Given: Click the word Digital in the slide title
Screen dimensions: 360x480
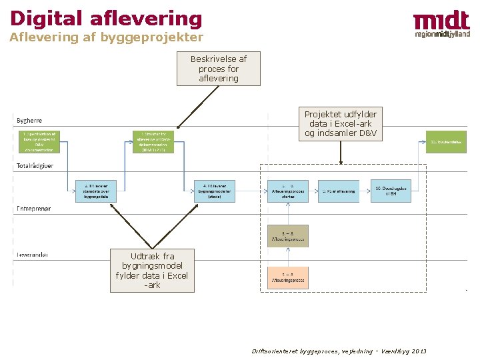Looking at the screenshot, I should coord(45,18).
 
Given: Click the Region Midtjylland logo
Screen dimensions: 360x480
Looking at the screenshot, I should coord(441,25).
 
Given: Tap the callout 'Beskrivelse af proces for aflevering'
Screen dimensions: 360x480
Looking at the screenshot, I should coord(218,69).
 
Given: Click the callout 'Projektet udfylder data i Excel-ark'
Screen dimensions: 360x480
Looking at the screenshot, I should coord(340,124).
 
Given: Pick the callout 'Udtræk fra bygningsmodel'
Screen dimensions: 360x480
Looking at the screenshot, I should coord(152,270).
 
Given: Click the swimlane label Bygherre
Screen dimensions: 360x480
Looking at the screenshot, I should coord(29,120).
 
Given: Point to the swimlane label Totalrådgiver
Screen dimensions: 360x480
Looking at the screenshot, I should coord(35,166).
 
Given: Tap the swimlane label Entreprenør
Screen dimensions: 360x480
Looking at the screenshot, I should coord(33,209).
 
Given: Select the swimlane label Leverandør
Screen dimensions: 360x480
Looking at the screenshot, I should coord(32,254).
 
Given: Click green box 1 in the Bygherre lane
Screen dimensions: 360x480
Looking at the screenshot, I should coord(39,141).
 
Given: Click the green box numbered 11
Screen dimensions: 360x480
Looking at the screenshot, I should coord(446,141).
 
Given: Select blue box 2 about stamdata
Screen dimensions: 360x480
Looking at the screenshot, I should coord(96,191).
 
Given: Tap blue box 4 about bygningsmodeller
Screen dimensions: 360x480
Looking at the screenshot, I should coord(214,191).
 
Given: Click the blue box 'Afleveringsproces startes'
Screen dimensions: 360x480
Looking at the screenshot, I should coord(287,191).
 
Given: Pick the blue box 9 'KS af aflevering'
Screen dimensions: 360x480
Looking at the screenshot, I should coord(338,191).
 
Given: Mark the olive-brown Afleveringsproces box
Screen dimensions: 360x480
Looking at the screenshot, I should coord(287,235).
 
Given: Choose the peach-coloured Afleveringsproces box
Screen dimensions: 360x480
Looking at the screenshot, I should coord(287,277).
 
